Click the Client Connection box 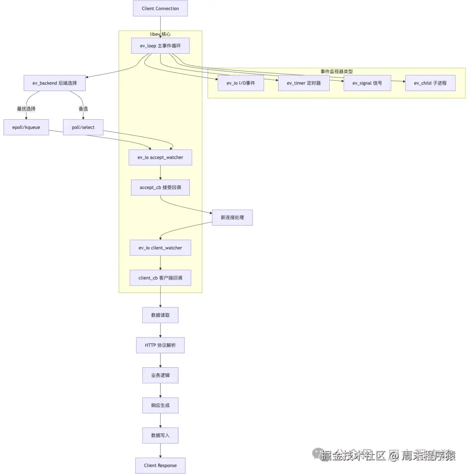(x=160, y=9)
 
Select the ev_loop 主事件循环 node (x=160, y=46)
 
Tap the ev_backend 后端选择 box (x=55, y=83)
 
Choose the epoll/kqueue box (x=26, y=127)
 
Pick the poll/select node (x=83, y=127)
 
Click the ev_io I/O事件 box (x=240, y=83)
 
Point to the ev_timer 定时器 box (x=303, y=83)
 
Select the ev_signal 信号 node (x=367, y=83)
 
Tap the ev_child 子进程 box (x=430, y=83)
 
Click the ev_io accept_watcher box (x=160, y=157)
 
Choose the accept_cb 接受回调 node (x=160, y=187)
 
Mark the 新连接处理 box (x=232, y=217)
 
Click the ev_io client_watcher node (x=160, y=248)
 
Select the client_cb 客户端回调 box (x=160, y=278)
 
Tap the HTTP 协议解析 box (x=160, y=346)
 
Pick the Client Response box (x=160, y=465)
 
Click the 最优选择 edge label (x=26, y=109)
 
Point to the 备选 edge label (x=83, y=109)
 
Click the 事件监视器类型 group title (x=337, y=71)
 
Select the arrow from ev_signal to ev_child (x=398, y=81)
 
